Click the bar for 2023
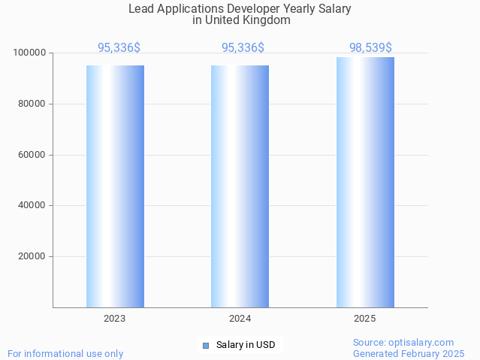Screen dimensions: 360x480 tap(115, 186)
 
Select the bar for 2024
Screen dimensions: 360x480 tap(240, 186)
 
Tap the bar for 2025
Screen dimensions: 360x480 tap(365, 183)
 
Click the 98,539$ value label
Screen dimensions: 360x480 tap(370, 48)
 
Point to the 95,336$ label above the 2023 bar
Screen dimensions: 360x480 tap(119, 48)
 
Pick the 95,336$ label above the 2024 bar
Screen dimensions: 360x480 tap(243, 48)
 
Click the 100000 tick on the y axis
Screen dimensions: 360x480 tap(30, 53)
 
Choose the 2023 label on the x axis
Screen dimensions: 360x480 tap(115, 319)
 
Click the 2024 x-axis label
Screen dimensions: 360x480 tap(240, 319)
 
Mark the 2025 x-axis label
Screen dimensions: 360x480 tap(365, 319)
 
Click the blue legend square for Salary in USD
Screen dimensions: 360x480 tap(206, 346)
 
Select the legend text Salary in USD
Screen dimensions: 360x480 tap(246, 346)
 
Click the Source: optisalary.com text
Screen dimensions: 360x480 tap(403, 343)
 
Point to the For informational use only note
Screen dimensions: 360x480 tap(65, 354)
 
